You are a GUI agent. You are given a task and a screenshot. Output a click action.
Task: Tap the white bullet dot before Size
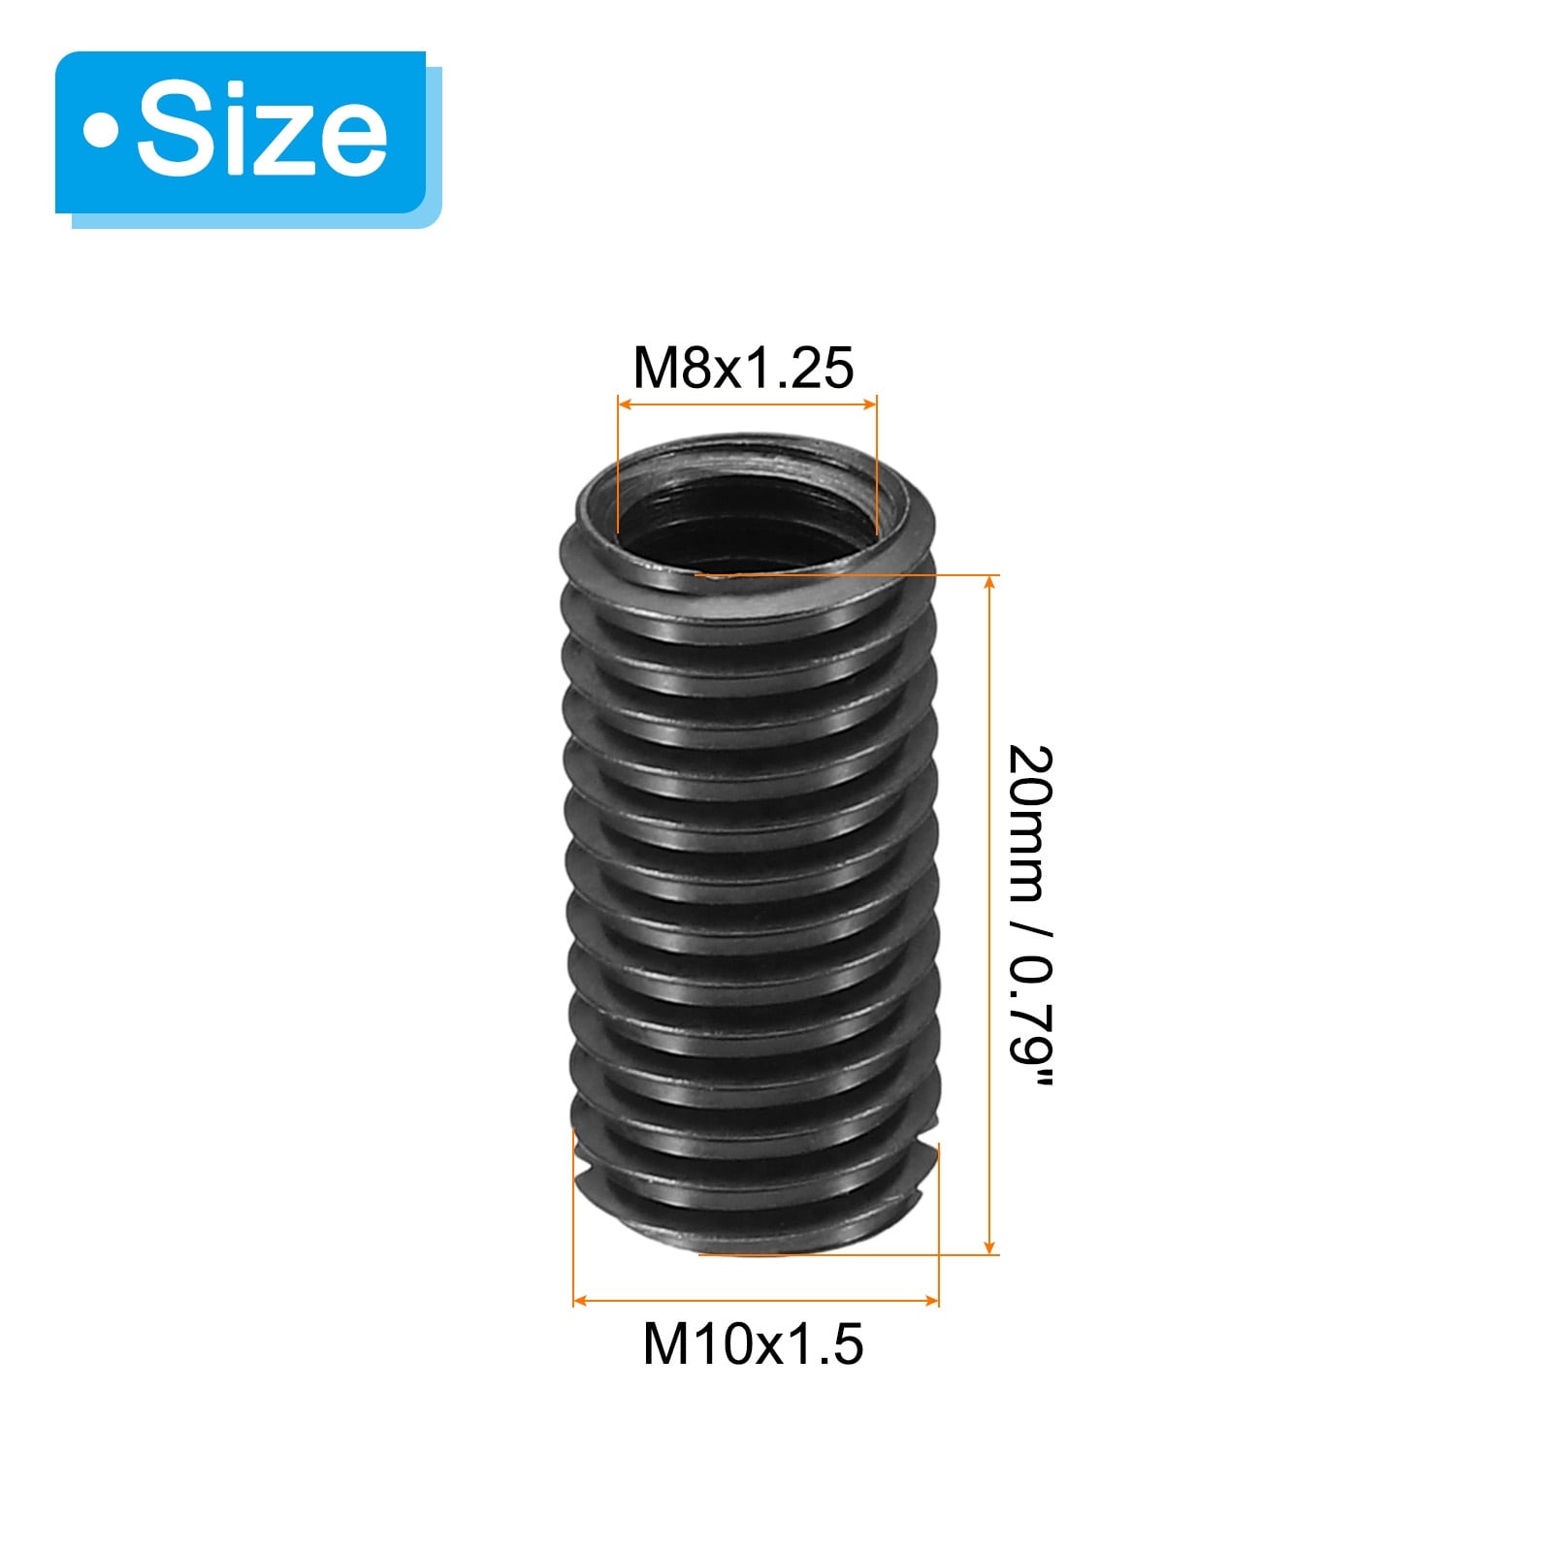[x=100, y=133]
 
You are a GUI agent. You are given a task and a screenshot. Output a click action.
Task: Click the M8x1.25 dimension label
[x=743, y=368]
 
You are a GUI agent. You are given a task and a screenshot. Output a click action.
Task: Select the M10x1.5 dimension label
[x=753, y=1344]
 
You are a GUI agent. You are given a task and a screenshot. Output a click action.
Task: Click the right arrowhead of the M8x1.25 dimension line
[x=869, y=403]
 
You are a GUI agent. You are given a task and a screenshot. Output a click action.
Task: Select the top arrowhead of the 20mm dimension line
[x=989, y=583]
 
